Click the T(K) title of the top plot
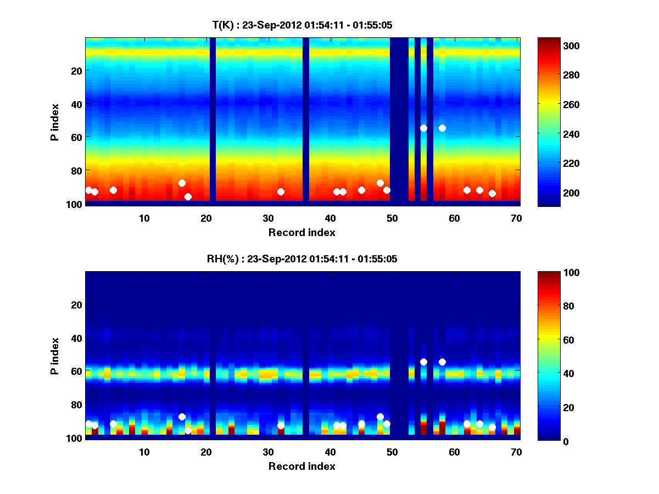pos(302,25)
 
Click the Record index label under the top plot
pos(301,232)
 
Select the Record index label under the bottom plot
pos(301,466)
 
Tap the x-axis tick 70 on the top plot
pos(516,218)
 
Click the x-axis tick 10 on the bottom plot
pos(144,452)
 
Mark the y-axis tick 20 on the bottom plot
pos(76,305)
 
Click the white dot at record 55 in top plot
pos(423,128)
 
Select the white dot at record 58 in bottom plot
pos(442,362)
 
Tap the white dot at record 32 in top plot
pos(281,192)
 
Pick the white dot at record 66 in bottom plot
pos(492,427)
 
